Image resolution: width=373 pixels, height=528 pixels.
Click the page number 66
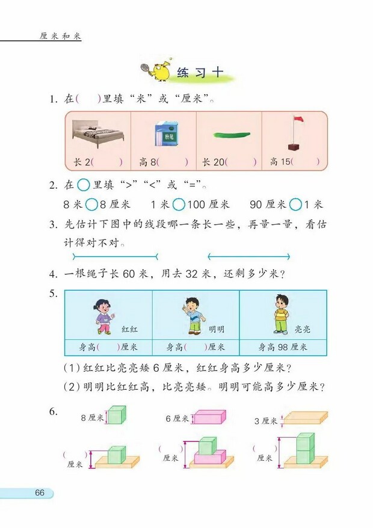click(40, 493)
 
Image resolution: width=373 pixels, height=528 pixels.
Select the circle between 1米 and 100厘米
click(178, 204)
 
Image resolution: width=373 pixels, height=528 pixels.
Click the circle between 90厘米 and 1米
click(295, 204)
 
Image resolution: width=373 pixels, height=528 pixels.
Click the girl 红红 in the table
click(103, 315)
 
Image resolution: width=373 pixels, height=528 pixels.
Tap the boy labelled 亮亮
click(280, 314)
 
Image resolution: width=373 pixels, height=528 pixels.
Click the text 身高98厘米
click(283, 347)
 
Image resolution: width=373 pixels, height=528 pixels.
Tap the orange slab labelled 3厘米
click(306, 417)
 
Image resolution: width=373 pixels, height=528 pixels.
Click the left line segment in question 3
click(114, 256)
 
